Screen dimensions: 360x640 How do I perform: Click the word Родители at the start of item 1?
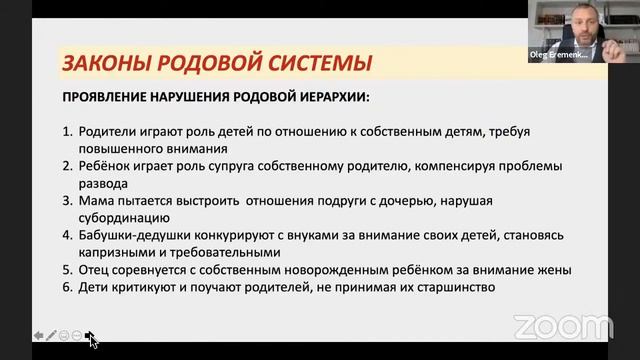[x=106, y=130]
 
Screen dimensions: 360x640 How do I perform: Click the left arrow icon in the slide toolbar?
[x=38, y=335]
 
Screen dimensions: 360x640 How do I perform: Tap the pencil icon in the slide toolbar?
[x=51, y=335]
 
